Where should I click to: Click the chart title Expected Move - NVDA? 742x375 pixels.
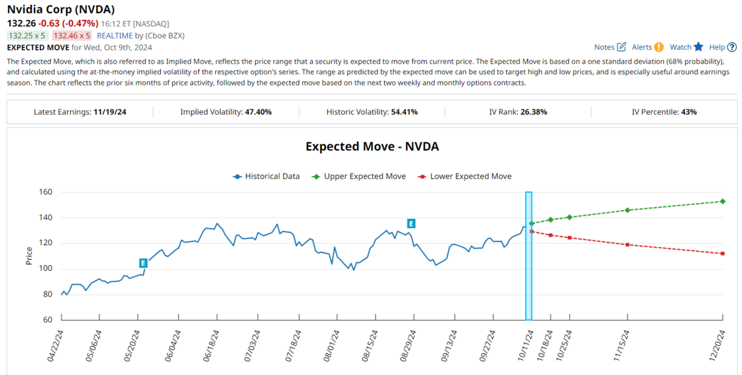(x=372, y=146)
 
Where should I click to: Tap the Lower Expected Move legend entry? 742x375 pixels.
(x=464, y=176)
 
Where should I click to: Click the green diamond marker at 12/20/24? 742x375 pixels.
(x=722, y=201)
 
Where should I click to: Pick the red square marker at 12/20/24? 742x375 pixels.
(x=722, y=254)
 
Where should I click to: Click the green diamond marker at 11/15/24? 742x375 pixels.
(x=627, y=210)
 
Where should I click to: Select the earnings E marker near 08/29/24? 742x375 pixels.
(x=411, y=224)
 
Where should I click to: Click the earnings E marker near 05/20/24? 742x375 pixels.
(x=143, y=263)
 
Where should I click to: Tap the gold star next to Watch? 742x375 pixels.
(x=698, y=47)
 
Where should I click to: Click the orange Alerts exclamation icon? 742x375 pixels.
(x=659, y=47)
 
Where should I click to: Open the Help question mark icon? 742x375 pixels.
(x=731, y=47)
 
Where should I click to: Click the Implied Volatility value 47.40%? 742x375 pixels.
(x=258, y=112)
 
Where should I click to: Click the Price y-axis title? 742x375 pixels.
(x=28, y=256)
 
